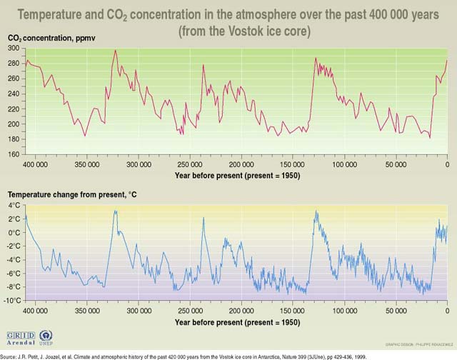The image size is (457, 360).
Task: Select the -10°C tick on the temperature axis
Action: point(11,300)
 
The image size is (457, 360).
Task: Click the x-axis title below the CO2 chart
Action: point(236,175)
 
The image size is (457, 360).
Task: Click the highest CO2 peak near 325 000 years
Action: point(115,50)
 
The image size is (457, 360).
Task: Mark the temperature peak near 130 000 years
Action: point(315,211)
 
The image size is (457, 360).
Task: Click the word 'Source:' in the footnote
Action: point(11,355)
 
